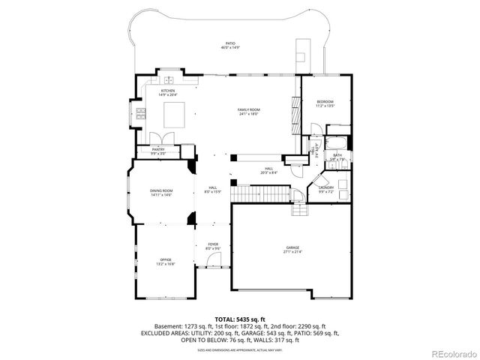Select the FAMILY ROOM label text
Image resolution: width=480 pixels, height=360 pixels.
248,111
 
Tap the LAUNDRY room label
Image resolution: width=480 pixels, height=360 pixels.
326,189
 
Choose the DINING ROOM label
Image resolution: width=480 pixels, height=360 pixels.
161,192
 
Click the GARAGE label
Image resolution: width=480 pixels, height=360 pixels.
292,249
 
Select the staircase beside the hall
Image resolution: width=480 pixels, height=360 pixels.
259,194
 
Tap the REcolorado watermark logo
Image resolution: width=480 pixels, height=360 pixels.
452,353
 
